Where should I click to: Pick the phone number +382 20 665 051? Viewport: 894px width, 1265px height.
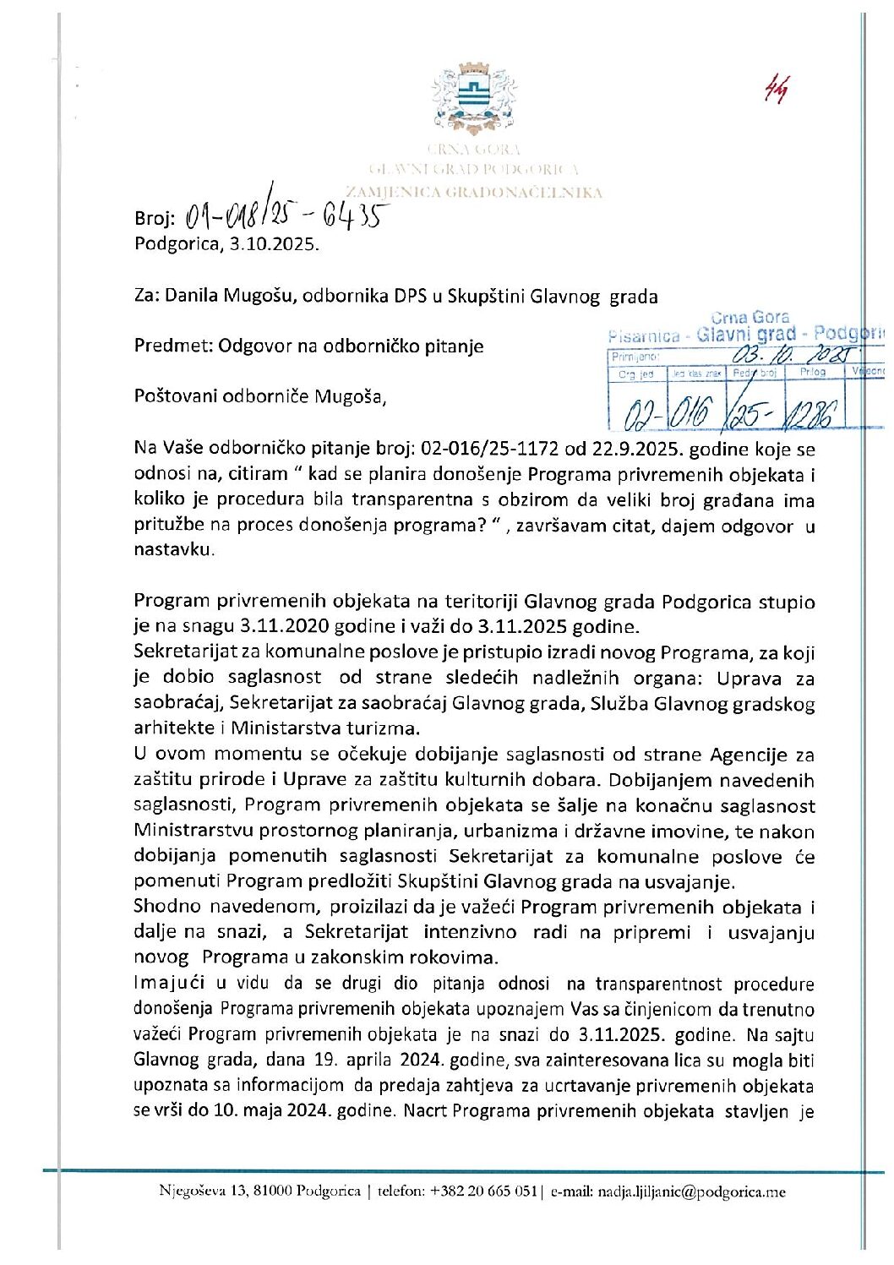coord(483,1191)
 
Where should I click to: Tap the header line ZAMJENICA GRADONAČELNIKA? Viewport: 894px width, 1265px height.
coord(475,193)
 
